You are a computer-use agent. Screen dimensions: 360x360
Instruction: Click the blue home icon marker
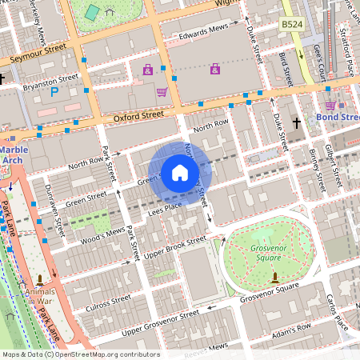pos(179,172)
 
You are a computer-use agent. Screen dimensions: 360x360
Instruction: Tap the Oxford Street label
pos(138,115)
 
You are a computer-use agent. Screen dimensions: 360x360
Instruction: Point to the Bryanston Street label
pos(50,79)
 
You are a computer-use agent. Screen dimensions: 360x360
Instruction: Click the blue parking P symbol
pos(54,93)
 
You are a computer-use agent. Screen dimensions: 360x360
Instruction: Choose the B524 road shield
pos(292,26)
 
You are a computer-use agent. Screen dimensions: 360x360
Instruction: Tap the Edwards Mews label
pos(203,30)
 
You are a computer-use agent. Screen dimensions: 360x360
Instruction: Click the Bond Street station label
pos(339,118)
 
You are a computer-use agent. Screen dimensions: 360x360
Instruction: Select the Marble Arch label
pos(14,154)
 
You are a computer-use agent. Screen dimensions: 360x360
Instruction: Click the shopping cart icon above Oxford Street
pos(162,92)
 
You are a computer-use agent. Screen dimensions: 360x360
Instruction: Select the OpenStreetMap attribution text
pos(80,354)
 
